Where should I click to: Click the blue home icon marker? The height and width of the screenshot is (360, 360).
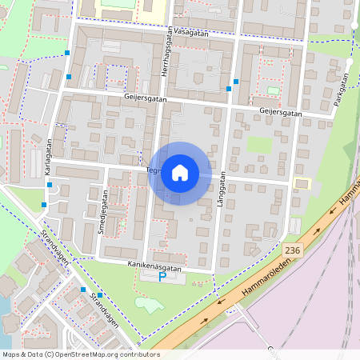(x=180, y=173)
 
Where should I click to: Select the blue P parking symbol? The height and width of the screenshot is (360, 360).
(x=162, y=277)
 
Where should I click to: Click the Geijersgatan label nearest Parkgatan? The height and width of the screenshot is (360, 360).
(x=281, y=113)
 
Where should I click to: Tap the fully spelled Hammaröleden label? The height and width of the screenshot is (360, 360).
(x=257, y=285)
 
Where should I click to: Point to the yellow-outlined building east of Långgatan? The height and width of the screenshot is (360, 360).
(x=302, y=183)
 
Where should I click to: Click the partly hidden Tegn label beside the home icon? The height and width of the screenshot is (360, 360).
(x=154, y=170)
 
